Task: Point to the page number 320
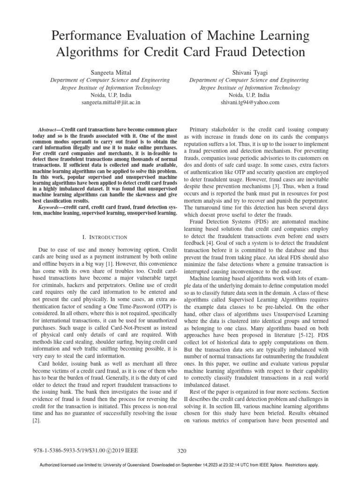point(182,451)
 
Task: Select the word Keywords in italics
point(48,206)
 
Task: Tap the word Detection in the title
point(277,51)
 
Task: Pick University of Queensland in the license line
point(145,465)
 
